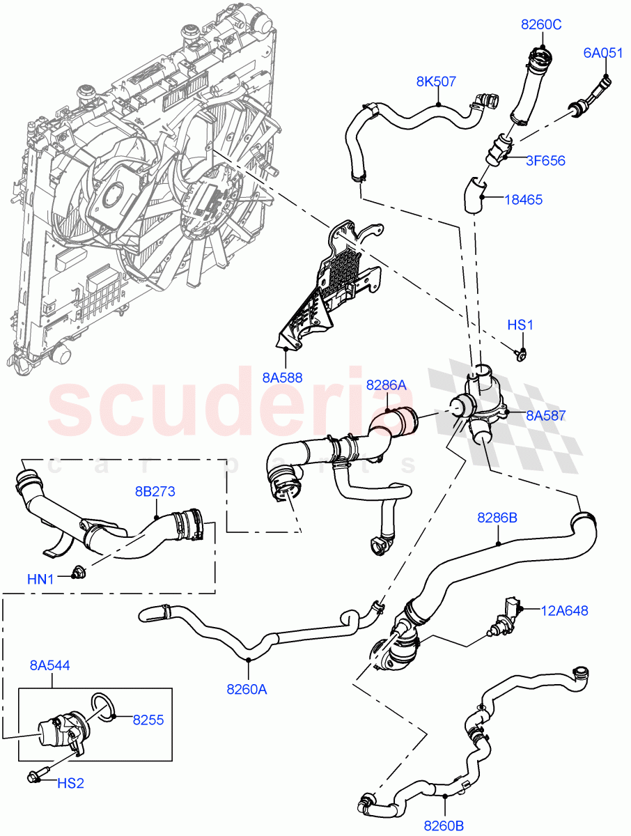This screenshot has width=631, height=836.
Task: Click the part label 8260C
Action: pos(541,25)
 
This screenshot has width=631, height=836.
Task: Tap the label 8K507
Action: pos(436,82)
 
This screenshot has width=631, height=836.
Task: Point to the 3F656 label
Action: pos(545,160)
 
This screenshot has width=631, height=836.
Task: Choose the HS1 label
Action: pos(520,325)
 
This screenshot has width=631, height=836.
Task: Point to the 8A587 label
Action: pos(545,415)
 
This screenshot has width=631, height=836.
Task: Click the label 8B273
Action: pos(155,492)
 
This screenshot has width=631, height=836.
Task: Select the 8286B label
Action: pos(497,518)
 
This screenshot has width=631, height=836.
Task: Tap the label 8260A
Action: pos(247,689)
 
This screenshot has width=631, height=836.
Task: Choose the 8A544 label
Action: pos(49,666)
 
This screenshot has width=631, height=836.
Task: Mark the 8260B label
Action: pos(444,826)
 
